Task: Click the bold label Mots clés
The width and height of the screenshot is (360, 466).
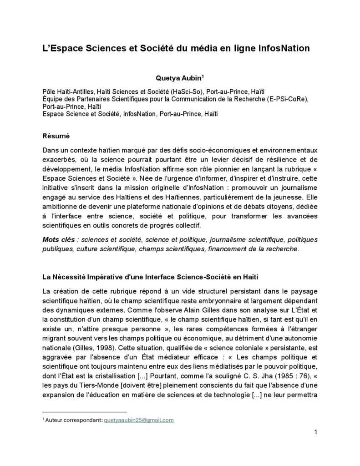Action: (x=57, y=240)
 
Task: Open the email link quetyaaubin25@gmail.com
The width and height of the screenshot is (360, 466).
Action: (x=139, y=420)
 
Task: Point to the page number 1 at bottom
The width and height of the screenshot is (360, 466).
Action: (x=315, y=432)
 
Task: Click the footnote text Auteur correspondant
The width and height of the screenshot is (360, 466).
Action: (x=73, y=420)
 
